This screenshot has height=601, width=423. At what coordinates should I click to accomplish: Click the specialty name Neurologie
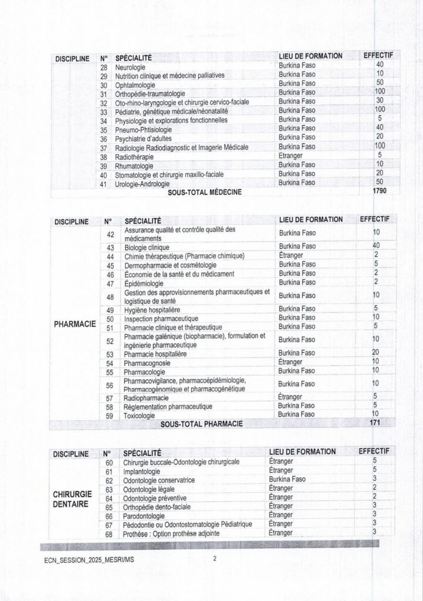pyautogui.click(x=130, y=67)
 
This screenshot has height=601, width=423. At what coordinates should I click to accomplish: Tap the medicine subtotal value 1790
pyautogui.click(x=380, y=191)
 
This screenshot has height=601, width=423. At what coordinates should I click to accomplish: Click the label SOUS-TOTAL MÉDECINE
pyautogui.click(x=205, y=191)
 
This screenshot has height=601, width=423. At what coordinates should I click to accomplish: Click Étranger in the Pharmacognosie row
pyautogui.click(x=292, y=362)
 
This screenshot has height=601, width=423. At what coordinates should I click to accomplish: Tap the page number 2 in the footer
pyautogui.click(x=215, y=559)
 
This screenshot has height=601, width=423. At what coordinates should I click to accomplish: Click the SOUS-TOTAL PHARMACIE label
pyautogui.click(x=201, y=423)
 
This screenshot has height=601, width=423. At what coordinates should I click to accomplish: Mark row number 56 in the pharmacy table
pyautogui.click(x=109, y=385)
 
